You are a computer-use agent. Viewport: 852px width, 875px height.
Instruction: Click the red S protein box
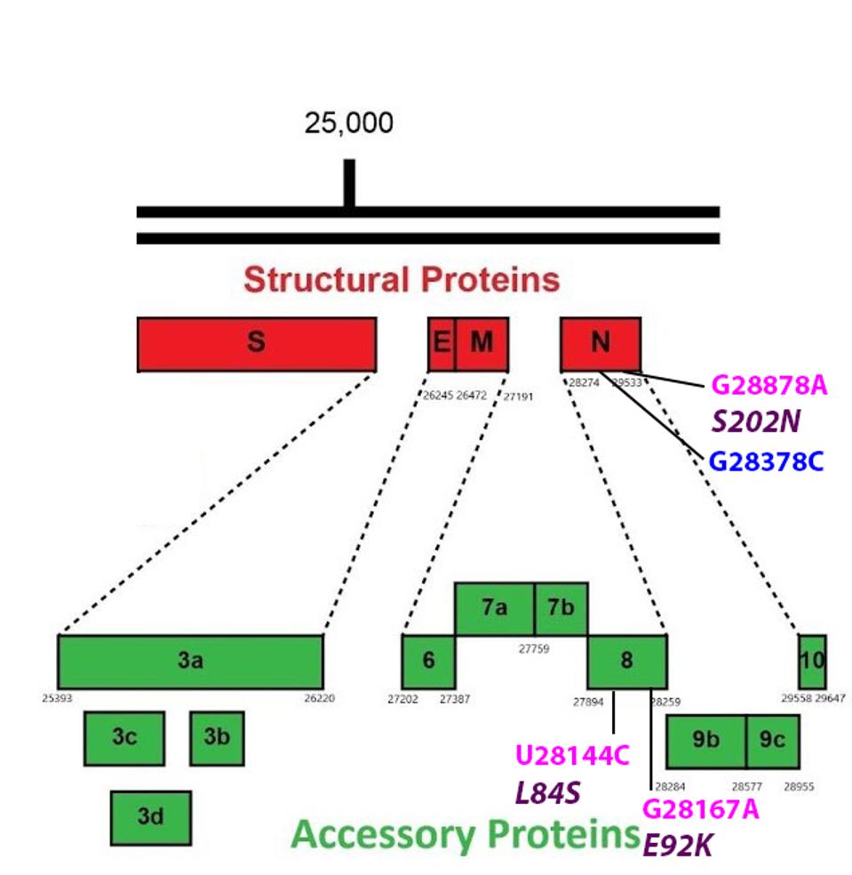pos(256,343)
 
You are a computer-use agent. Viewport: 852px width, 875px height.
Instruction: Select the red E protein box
pos(442,343)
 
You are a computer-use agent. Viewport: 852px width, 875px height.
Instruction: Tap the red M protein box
pos(482,343)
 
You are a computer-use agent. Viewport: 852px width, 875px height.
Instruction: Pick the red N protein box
pos(601,343)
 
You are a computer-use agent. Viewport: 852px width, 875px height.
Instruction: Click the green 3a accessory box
pos(190,662)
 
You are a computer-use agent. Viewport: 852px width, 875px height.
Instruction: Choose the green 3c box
pos(124,738)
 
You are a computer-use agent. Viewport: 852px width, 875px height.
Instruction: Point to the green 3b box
pos(217,738)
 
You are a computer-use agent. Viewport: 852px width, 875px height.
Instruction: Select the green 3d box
pos(151,817)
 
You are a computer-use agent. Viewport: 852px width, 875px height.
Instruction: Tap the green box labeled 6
pos(428,662)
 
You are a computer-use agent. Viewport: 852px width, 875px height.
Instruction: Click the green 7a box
pos(495,609)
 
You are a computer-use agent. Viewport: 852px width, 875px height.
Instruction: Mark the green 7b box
pos(561,609)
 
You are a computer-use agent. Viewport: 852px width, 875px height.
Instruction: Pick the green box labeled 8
pos(627,662)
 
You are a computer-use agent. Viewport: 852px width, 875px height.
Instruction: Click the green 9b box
pos(706,741)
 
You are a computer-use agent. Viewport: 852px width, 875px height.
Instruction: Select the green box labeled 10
pos(812,662)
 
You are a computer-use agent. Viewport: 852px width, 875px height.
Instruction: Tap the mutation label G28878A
pos(769,386)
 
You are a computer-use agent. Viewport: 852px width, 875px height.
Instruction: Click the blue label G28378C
pos(767,462)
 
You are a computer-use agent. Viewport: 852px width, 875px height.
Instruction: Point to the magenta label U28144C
pos(573,756)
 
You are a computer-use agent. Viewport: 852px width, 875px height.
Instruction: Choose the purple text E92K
pos(678,846)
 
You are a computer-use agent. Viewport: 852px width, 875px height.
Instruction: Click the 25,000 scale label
pos(349,123)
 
